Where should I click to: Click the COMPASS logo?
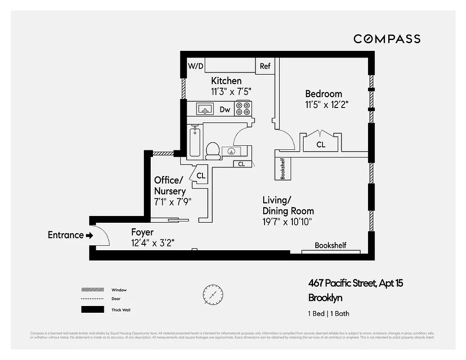pos(387,39)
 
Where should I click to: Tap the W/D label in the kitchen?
pos(196,66)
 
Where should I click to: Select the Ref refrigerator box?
pos(265,66)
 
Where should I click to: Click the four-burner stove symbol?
pos(243,109)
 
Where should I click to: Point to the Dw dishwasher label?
pos(225,109)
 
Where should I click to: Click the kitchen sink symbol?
pos(205,109)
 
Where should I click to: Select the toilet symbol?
pos(212,151)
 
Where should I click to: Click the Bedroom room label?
pos(323,94)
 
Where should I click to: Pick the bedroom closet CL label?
pos(321,145)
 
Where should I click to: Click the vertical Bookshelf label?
pos(283,168)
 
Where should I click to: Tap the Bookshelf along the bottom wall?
pos(330,246)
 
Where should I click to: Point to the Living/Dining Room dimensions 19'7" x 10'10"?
pos(287,221)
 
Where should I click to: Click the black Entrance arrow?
pos(89,235)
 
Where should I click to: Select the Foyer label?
pos(142,232)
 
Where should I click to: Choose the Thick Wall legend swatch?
pos(92,310)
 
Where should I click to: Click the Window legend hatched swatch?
pos(92,290)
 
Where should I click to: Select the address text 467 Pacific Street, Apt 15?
pos(355,283)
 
